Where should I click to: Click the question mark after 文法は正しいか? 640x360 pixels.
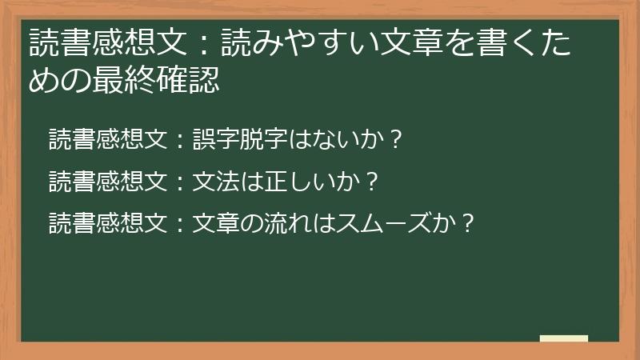[x=370, y=182]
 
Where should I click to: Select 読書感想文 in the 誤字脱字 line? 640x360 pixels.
[x=107, y=140]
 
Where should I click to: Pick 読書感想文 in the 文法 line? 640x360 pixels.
[x=107, y=182]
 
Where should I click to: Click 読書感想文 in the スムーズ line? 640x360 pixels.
[x=107, y=222]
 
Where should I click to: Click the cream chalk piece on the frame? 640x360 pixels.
[x=563, y=338]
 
